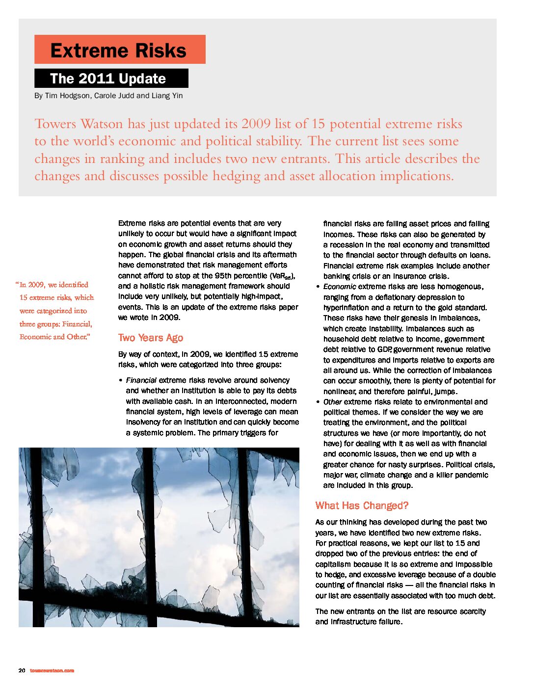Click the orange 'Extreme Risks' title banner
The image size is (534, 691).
point(119,50)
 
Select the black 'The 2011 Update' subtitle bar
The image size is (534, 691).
point(111,79)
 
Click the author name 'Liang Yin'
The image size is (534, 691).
point(167,96)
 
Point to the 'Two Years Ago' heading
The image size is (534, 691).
point(151,338)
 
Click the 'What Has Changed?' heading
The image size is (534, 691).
point(362,505)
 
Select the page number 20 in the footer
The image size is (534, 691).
point(22,670)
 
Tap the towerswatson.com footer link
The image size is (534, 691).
point(52,670)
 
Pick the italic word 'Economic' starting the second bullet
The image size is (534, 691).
point(340,287)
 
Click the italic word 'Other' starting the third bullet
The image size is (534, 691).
point(332,402)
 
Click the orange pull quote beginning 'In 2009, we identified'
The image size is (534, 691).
point(55,311)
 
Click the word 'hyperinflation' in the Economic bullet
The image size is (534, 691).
point(347,308)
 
